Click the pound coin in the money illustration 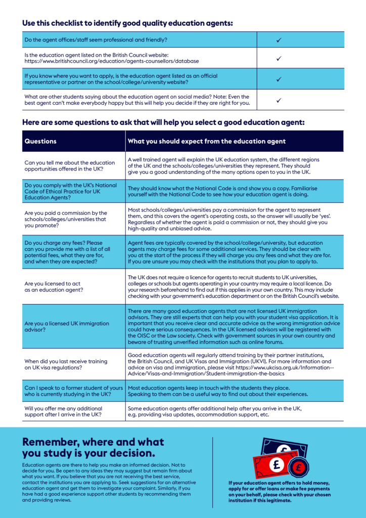click(298, 468)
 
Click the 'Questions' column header click(41, 141)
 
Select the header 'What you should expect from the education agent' click(207, 141)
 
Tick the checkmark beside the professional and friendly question click(279, 39)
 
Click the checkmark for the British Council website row click(279, 58)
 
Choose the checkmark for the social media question click(279, 100)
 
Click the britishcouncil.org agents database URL click(111, 61)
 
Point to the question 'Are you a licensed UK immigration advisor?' click(67, 326)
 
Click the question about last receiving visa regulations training click(66, 364)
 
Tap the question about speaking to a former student click(73, 391)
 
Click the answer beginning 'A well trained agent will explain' click(223, 166)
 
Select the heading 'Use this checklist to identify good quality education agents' click(128, 23)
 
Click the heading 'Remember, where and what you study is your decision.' click(94, 447)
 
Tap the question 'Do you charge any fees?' click(67, 252)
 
